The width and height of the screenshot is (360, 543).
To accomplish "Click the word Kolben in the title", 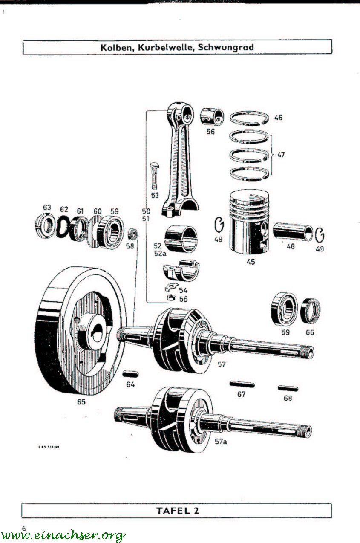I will point(115,47).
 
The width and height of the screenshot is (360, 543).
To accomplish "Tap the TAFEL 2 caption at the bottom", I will point(177,511).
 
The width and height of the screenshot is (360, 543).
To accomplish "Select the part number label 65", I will point(81,401).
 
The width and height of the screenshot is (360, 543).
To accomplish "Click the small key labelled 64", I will point(130,374).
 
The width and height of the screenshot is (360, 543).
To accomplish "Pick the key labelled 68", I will point(288,388).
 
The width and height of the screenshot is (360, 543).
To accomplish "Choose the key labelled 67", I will point(242,384).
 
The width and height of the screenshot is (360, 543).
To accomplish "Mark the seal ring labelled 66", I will point(311,311).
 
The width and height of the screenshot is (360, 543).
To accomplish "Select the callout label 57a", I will point(221,442).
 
